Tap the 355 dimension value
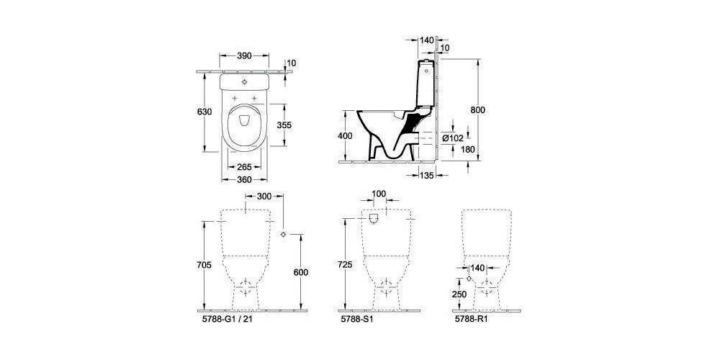[284, 125]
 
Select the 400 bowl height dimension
[346, 136]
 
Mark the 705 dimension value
[204, 265]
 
